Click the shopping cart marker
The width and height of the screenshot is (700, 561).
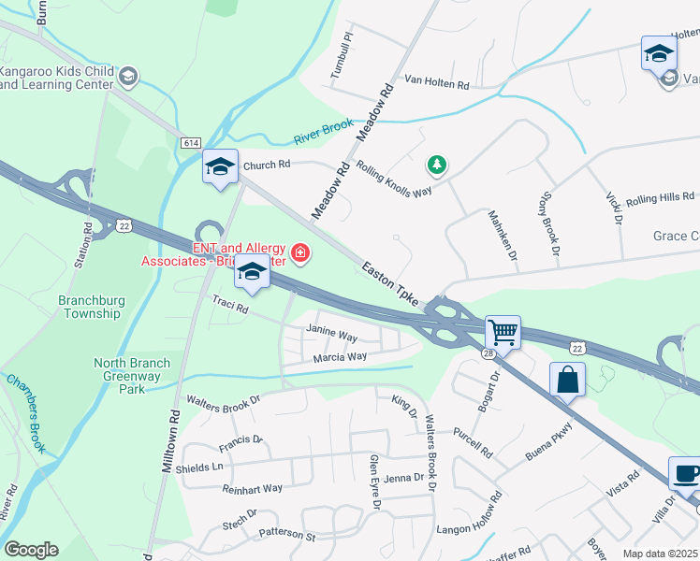coord(503,331)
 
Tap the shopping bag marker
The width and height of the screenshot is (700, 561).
coord(567,380)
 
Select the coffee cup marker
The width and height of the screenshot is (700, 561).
coord(684,473)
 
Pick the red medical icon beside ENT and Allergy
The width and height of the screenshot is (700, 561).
coord(299,252)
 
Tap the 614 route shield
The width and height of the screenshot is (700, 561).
coord(191,142)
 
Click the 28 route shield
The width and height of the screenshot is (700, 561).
coord(488,353)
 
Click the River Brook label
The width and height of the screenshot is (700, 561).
coord(324,132)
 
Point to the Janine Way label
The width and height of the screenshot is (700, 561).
coord(332,333)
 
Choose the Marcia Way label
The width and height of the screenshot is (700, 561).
coord(340,357)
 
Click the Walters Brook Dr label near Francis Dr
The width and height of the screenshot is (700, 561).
coord(223,404)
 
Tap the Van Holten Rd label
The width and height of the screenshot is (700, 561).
coord(436,83)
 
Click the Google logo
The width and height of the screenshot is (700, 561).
coord(31,550)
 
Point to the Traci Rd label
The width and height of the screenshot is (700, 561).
coord(230,306)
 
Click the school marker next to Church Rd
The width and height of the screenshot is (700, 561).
coord(220,166)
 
